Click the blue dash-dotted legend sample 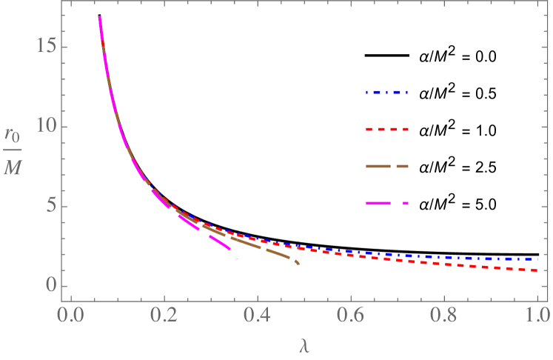pyautogui.click(x=386, y=93)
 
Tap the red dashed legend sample pyautogui.click(x=386, y=130)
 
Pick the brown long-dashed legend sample pyautogui.click(x=386, y=166)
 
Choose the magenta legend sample pyautogui.click(x=386, y=203)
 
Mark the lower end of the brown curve pyautogui.click(x=298, y=263)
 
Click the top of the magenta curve pyautogui.click(x=99, y=17)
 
